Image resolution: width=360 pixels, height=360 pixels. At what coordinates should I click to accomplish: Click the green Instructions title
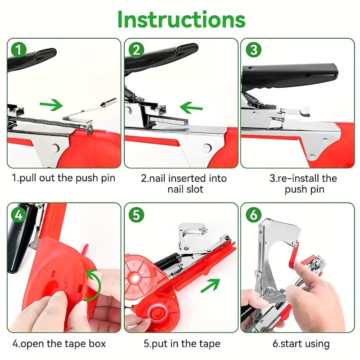tap(181, 19)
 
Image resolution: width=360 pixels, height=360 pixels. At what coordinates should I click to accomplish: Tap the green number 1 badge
tap(18, 49)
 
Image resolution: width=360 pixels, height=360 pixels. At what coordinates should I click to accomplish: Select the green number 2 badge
tap(136, 49)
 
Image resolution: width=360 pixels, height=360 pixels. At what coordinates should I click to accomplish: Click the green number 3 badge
tap(253, 49)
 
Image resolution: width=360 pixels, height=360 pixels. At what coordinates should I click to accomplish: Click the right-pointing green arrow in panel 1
tap(51, 105)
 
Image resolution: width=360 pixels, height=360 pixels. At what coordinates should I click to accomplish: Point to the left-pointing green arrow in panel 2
tap(191, 108)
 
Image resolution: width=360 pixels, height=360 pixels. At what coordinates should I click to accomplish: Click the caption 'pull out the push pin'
tap(63, 178)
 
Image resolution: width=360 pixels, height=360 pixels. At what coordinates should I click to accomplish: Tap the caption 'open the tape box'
tap(59, 344)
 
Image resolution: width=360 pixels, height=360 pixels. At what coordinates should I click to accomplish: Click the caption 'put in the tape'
tap(182, 344)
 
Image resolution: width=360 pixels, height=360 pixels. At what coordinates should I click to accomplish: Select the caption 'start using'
tap(301, 344)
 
